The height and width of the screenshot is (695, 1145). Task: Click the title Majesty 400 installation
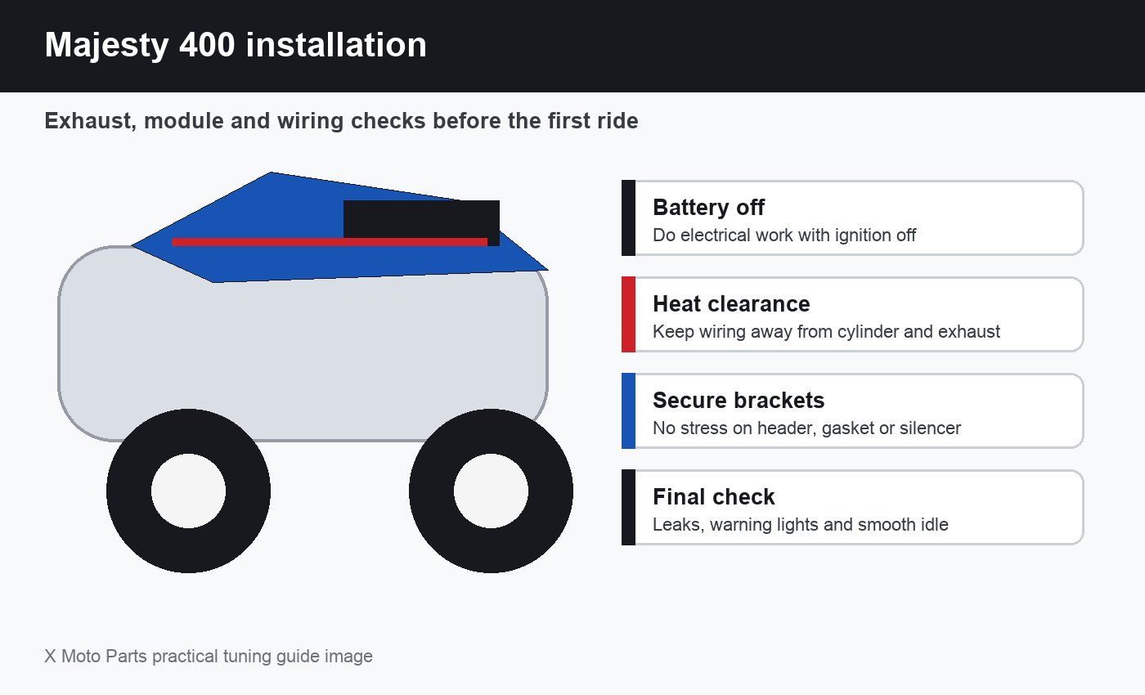click(x=236, y=45)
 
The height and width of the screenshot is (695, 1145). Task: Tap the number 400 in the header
click(x=207, y=44)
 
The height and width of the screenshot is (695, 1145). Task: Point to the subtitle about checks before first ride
click(x=341, y=121)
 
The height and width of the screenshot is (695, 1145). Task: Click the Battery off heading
click(x=708, y=207)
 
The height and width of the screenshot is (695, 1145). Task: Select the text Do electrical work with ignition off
click(x=784, y=235)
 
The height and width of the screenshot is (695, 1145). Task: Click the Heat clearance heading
click(x=731, y=303)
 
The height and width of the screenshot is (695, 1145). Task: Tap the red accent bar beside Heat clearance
click(x=628, y=314)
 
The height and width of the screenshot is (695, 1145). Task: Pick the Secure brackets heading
click(x=738, y=400)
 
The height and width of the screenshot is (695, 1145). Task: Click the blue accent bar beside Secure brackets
click(x=628, y=410)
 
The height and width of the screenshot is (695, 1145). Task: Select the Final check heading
click(x=713, y=497)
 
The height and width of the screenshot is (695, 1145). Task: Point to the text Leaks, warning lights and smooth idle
click(x=800, y=524)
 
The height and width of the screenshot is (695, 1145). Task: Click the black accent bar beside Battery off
click(x=628, y=217)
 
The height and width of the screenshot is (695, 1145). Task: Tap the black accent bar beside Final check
click(x=628, y=508)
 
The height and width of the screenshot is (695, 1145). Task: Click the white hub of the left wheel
click(x=188, y=491)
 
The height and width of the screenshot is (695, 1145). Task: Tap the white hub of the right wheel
click(x=491, y=491)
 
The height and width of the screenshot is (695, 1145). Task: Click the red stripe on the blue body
click(x=329, y=242)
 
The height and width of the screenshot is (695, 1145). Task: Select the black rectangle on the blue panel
click(x=421, y=220)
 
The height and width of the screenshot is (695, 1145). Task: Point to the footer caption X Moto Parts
click(x=208, y=656)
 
